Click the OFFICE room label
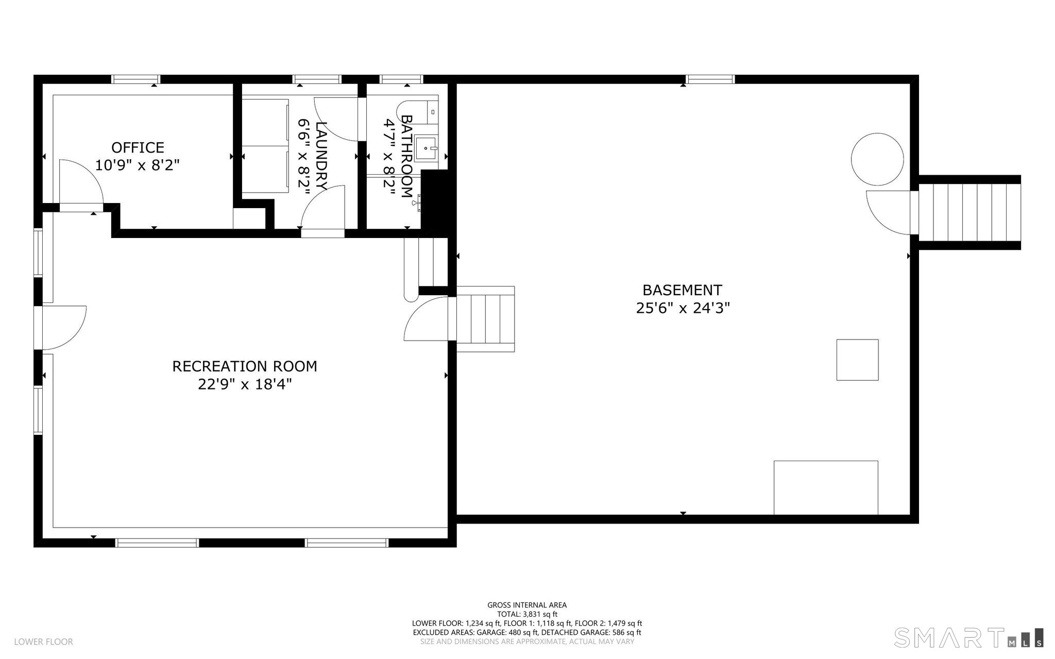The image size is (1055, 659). pos(138,147)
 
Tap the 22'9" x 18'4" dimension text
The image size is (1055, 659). pos(245,384)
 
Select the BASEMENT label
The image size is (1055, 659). pos(682,290)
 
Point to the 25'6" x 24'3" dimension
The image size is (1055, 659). pos(683,308)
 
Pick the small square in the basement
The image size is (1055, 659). pos(857,360)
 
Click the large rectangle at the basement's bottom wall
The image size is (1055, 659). pos(826,487)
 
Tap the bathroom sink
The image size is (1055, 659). pos(426,148)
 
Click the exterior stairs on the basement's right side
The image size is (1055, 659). pos(966,212)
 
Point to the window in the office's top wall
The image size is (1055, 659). pos(136,79)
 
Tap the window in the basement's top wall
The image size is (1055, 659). pos(710,79)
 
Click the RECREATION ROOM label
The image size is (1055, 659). pos(245,366)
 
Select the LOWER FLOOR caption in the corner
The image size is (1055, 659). pos(43,641)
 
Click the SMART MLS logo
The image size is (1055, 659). pos(968,637)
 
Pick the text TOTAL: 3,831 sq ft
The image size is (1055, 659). pos(527,614)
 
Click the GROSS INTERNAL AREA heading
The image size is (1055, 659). pos(527,605)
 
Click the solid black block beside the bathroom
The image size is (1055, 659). pos(436,201)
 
